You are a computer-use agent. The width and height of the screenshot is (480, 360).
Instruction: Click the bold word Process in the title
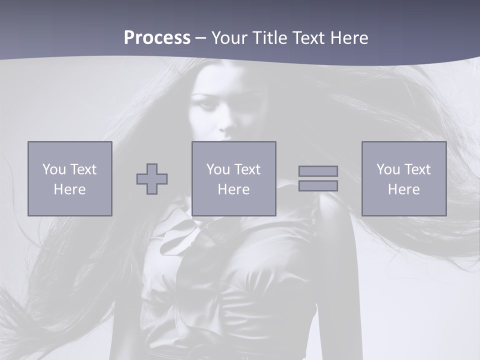(157, 38)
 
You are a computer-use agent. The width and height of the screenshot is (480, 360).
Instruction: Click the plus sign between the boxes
(152, 179)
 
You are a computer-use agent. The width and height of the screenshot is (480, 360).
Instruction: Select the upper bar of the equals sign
(318, 171)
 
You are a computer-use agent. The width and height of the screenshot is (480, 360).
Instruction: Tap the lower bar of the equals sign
(318, 186)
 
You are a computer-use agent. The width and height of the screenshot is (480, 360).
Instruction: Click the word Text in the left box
(83, 169)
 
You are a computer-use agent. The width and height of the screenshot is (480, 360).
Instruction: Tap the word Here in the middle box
(234, 189)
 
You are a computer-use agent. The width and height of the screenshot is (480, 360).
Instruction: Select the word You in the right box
(388, 169)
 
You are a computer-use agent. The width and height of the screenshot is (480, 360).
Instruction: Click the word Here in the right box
(404, 189)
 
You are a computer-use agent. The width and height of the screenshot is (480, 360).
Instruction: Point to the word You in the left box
(54, 169)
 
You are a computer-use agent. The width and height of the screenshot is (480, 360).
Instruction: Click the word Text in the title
(307, 38)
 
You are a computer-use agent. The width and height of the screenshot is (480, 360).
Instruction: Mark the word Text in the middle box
(247, 169)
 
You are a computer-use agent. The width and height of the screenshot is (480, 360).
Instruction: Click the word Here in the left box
(70, 189)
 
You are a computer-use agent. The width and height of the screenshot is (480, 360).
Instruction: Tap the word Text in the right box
(417, 169)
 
